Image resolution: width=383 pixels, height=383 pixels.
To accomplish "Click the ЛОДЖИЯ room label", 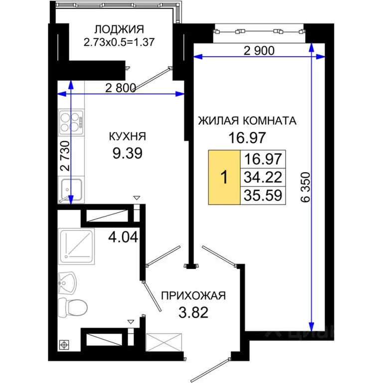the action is (119, 29).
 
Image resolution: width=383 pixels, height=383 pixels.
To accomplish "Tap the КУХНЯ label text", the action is (128, 137).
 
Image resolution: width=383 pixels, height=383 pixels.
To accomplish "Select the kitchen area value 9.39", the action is (128, 154).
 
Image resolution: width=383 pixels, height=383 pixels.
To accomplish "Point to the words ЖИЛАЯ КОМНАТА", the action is (247, 121).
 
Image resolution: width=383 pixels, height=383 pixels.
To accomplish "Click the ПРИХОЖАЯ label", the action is (193, 296).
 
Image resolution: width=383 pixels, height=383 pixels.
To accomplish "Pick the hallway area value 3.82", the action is (193, 312).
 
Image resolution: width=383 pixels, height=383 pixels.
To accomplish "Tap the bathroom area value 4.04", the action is (123, 237).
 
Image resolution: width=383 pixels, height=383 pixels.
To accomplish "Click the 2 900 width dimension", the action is (259, 50).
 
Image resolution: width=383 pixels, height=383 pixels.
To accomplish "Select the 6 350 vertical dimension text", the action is (305, 188).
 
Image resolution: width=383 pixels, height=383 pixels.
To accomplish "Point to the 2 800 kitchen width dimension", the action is (121, 88).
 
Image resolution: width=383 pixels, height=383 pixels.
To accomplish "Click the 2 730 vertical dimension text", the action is (65, 156).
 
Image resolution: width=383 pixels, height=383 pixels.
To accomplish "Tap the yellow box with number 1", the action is (224, 178).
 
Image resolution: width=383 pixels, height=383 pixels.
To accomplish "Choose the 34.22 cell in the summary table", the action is (263, 177).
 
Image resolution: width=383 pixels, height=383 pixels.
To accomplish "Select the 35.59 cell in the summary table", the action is (263, 195).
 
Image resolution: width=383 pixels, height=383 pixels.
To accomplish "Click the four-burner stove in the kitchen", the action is (71, 122).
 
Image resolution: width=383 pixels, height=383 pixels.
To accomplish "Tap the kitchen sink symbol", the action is (71, 190).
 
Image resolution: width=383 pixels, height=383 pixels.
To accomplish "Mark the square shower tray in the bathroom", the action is (76, 246).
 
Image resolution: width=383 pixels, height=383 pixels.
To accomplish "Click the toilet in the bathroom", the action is (73, 307).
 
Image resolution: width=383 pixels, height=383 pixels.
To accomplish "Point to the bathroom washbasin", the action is (67, 283).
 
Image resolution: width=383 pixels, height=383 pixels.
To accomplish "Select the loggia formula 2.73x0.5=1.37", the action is (119, 42).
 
